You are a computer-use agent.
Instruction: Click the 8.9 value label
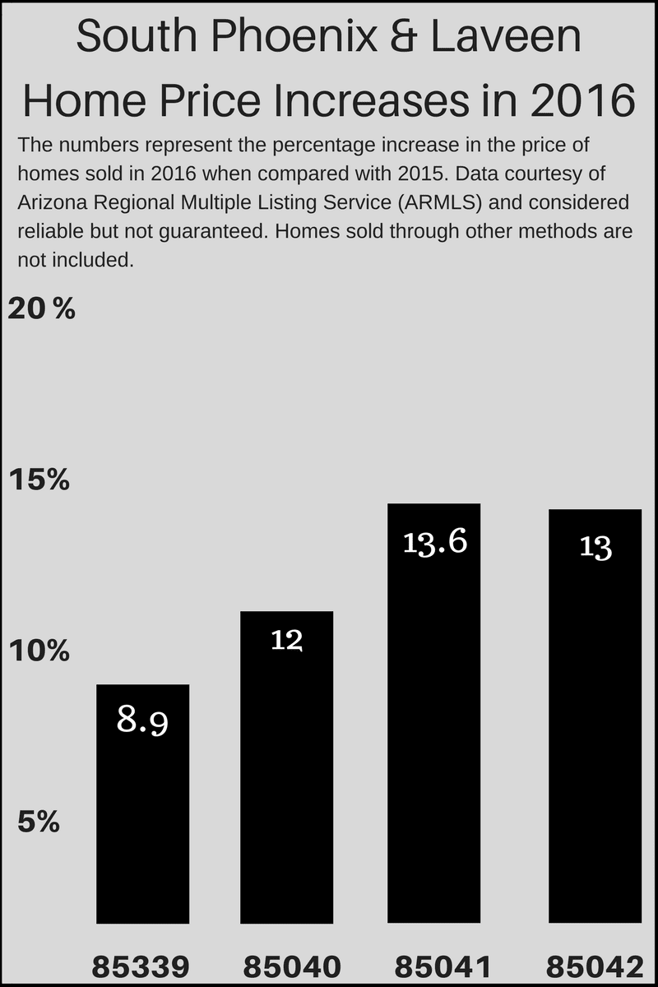click(142, 721)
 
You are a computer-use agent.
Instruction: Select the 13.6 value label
click(435, 543)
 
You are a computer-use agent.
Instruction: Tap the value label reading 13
click(595, 547)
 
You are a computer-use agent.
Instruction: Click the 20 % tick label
click(41, 309)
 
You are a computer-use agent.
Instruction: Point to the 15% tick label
click(39, 480)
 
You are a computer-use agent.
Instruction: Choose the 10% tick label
click(39, 651)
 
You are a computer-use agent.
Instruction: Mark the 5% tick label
click(39, 822)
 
